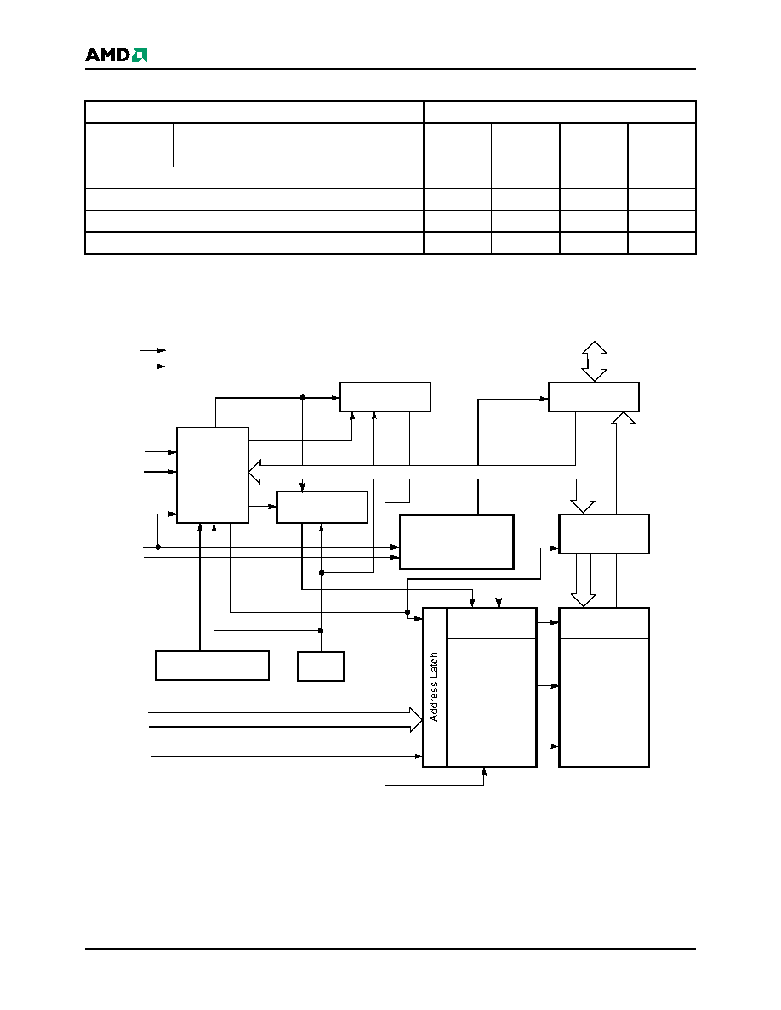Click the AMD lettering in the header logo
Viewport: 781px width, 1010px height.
(x=107, y=55)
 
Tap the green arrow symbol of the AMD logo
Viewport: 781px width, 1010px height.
(x=140, y=55)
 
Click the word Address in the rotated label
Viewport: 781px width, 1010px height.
(x=434, y=701)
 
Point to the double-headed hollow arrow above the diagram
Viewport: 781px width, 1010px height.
(x=594, y=361)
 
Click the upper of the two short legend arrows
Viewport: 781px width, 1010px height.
(x=153, y=350)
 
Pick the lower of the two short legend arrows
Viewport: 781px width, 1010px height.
(x=153, y=366)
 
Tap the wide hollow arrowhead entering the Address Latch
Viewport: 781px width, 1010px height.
(x=416, y=719)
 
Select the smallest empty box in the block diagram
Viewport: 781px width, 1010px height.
(x=320, y=666)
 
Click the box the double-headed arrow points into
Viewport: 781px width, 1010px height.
(x=594, y=397)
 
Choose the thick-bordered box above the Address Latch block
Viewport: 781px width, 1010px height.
(x=456, y=542)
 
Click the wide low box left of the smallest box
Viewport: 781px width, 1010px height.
(x=212, y=666)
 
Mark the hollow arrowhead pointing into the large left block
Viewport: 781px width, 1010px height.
(x=254, y=472)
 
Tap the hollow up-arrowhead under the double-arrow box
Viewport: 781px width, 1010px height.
(x=623, y=417)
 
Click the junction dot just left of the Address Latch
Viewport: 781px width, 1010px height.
(x=408, y=612)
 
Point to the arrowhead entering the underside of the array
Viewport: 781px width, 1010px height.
(x=484, y=771)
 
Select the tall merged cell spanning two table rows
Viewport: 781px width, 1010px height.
(x=128, y=145)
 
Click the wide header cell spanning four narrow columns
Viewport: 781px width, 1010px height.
(x=559, y=112)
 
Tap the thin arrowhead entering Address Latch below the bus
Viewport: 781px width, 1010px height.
(x=419, y=756)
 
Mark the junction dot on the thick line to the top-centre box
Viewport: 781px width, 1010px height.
(x=303, y=398)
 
